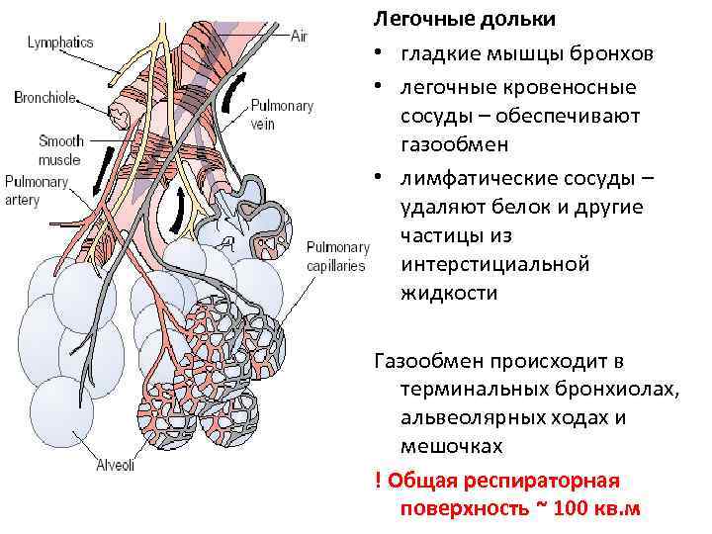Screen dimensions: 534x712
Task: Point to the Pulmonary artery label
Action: [x=36, y=191]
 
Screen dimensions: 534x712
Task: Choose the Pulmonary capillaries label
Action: [x=335, y=256]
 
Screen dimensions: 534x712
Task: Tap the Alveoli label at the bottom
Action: [x=115, y=466]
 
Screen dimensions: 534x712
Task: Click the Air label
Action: [x=300, y=35]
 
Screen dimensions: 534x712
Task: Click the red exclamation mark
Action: [x=379, y=481]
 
